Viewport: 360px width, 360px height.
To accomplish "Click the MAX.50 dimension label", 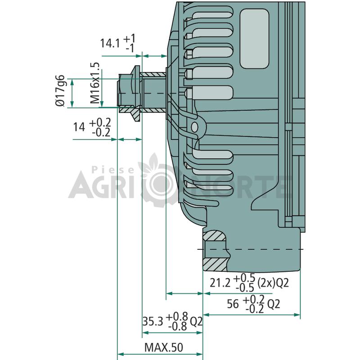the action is [164, 347].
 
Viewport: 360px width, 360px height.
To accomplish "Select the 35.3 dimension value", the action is [153, 321].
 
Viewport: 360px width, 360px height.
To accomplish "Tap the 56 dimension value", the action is [233, 304].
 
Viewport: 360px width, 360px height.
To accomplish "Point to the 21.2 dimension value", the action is [220, 283].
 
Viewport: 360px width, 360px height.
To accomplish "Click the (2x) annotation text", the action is [266, 283].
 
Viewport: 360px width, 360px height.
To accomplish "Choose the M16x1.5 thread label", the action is [94, 83].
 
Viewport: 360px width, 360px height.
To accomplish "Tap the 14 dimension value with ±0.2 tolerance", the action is [79, 127].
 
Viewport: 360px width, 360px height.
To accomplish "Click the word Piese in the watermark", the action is [113, 170].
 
